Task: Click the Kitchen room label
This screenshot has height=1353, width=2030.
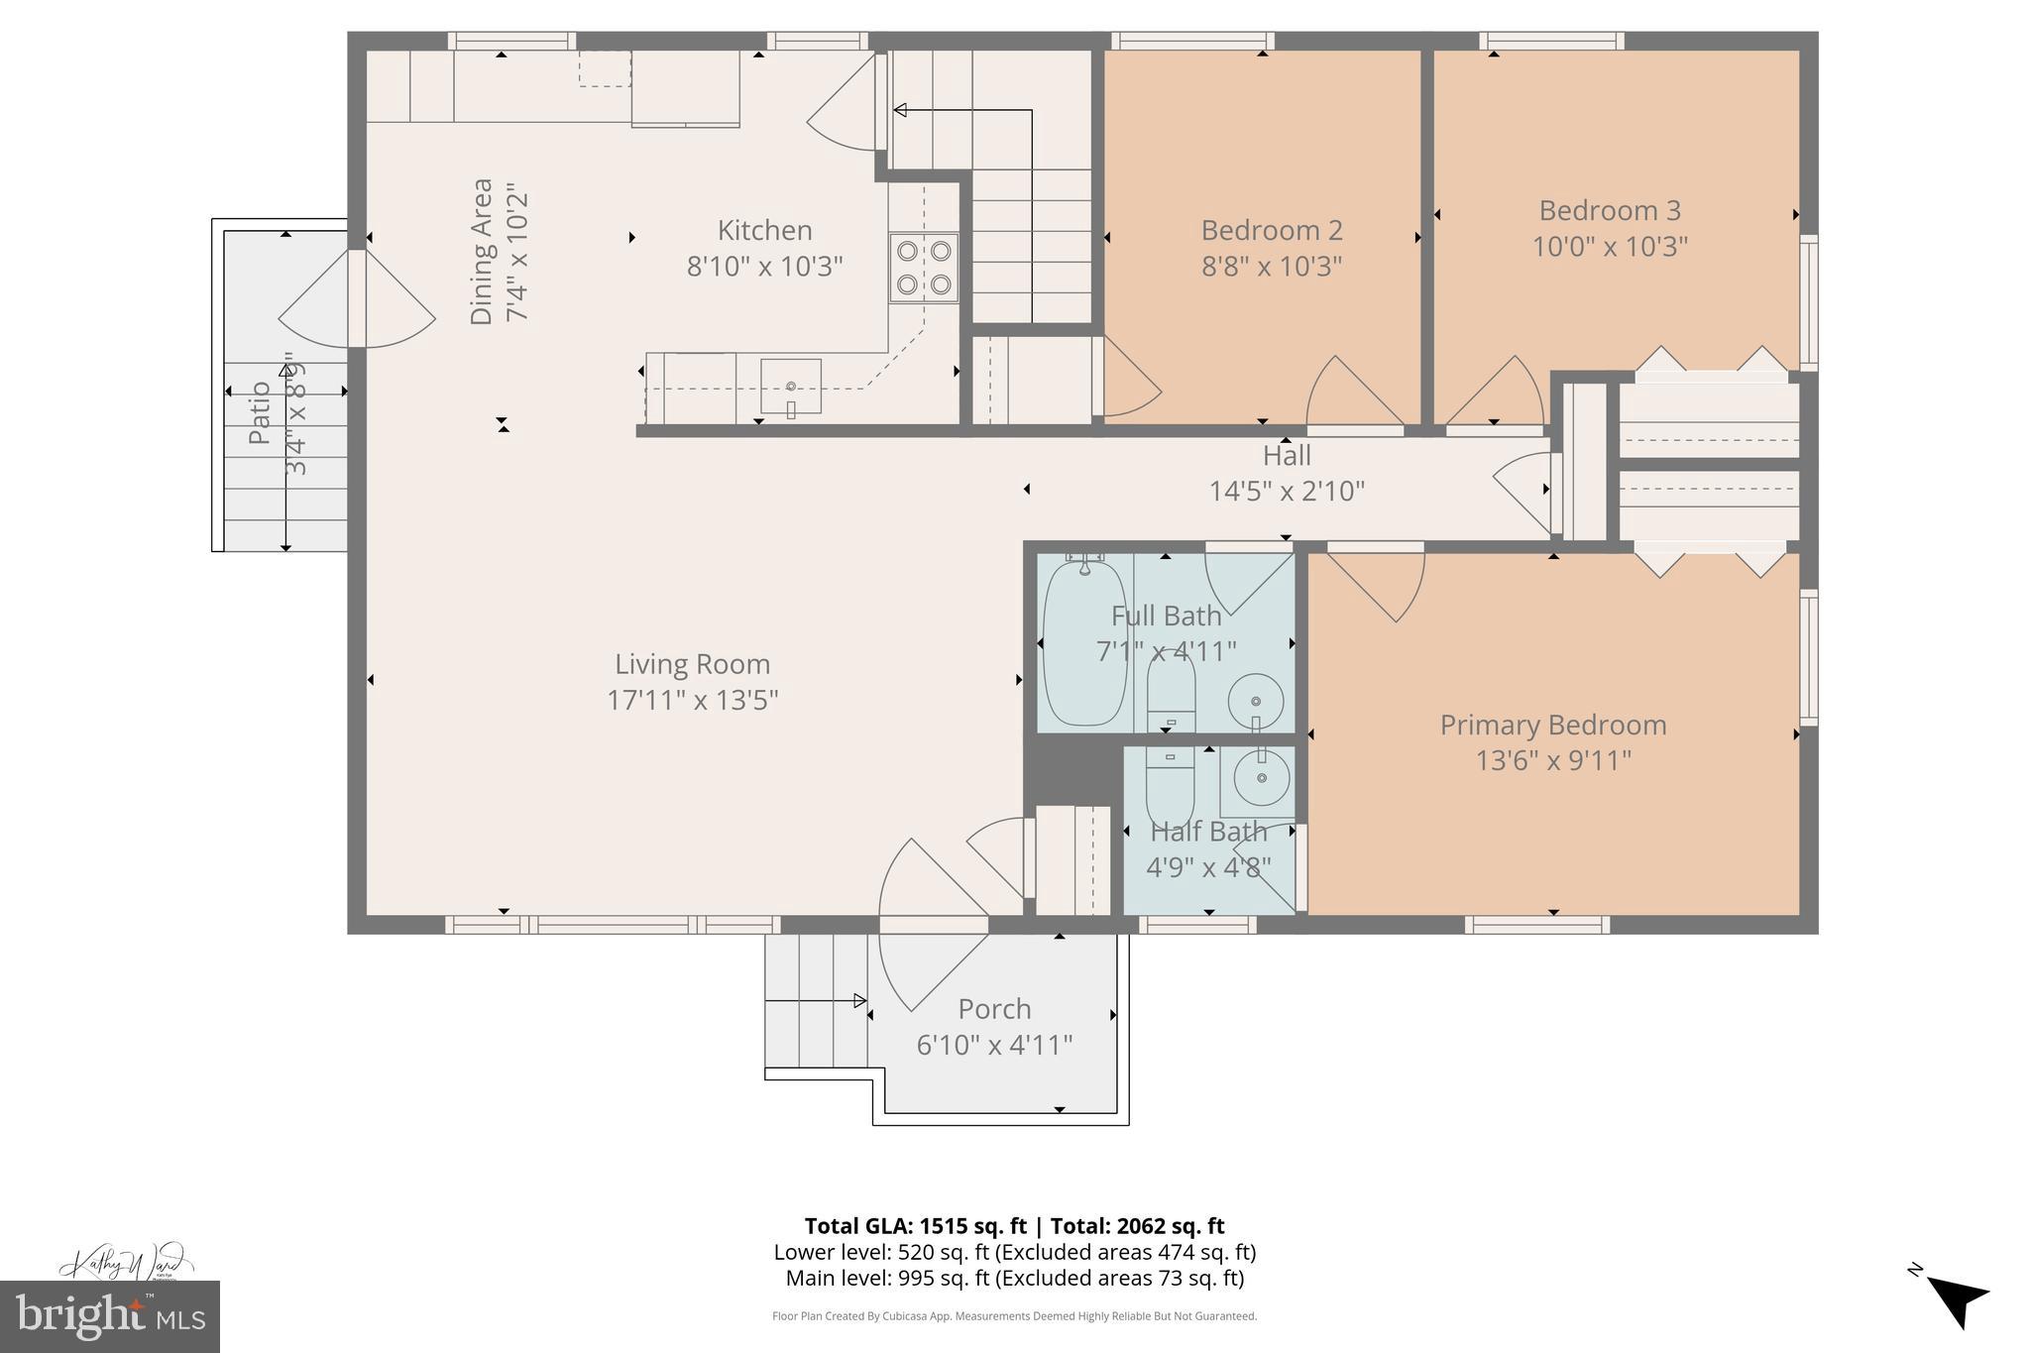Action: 764,230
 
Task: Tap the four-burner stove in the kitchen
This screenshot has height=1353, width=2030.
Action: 924,268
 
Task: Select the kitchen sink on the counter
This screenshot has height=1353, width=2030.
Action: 791,387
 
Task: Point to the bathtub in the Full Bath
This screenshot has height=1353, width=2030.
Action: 1084,642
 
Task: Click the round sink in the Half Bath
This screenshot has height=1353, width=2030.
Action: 1261,778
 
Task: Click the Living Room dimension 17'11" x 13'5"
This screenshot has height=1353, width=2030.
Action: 692,700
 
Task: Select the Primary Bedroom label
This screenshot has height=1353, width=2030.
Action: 1552,725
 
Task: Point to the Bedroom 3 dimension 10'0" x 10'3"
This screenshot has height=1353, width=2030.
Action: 1610,246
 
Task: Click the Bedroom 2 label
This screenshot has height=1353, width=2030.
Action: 1272,230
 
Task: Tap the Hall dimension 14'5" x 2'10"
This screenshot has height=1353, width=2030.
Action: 1287,491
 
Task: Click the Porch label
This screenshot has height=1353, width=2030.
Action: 994,1009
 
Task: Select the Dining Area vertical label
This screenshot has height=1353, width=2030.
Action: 482,251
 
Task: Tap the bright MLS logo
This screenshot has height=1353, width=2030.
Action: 110,1316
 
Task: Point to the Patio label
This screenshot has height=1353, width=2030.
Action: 260,412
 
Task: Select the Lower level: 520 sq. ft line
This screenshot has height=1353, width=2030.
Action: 1014,1252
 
